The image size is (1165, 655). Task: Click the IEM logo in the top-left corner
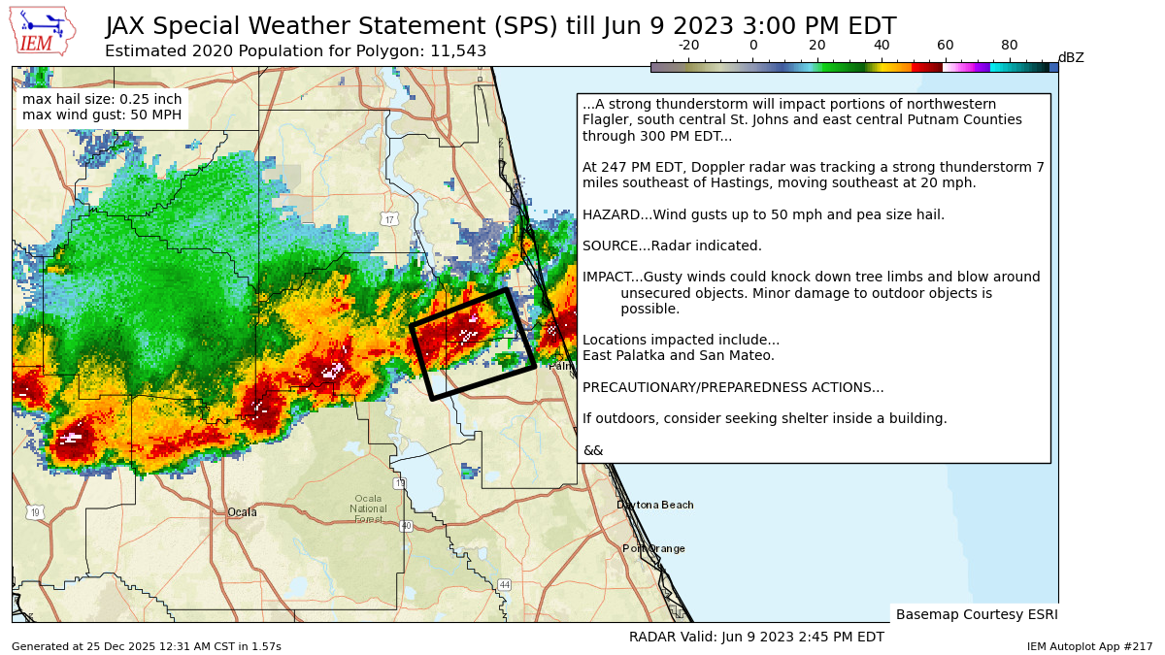click(x=42, y=31)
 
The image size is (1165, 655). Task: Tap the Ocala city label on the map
click(x=242, y=512)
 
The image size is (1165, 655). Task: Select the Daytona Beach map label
click(x=654, y=505)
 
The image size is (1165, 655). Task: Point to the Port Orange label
click(x=653, y=548)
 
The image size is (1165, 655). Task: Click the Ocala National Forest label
click(x=368, y=508)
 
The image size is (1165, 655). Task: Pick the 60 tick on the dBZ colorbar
click(x=945, y=46)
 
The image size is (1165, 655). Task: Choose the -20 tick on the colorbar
click(x=688, y=46)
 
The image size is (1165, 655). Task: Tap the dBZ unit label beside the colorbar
click(x=1070, y=58)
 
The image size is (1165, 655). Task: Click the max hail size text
click(x=102, y=100)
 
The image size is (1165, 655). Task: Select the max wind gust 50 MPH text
click(x=102, y=116)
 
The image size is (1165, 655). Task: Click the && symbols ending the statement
click(x=592, y=450)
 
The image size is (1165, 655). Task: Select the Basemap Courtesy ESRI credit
click(x=976, y=614)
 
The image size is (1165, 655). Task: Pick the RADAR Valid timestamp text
click(x=756, y=637)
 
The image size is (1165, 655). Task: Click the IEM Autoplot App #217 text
click(x=1089, y=646)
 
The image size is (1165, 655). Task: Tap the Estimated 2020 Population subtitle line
click(x=295, y=51)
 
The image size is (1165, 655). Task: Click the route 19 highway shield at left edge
click(x=35, y=512)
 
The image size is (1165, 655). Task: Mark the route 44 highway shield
click(x=504, y=584)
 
